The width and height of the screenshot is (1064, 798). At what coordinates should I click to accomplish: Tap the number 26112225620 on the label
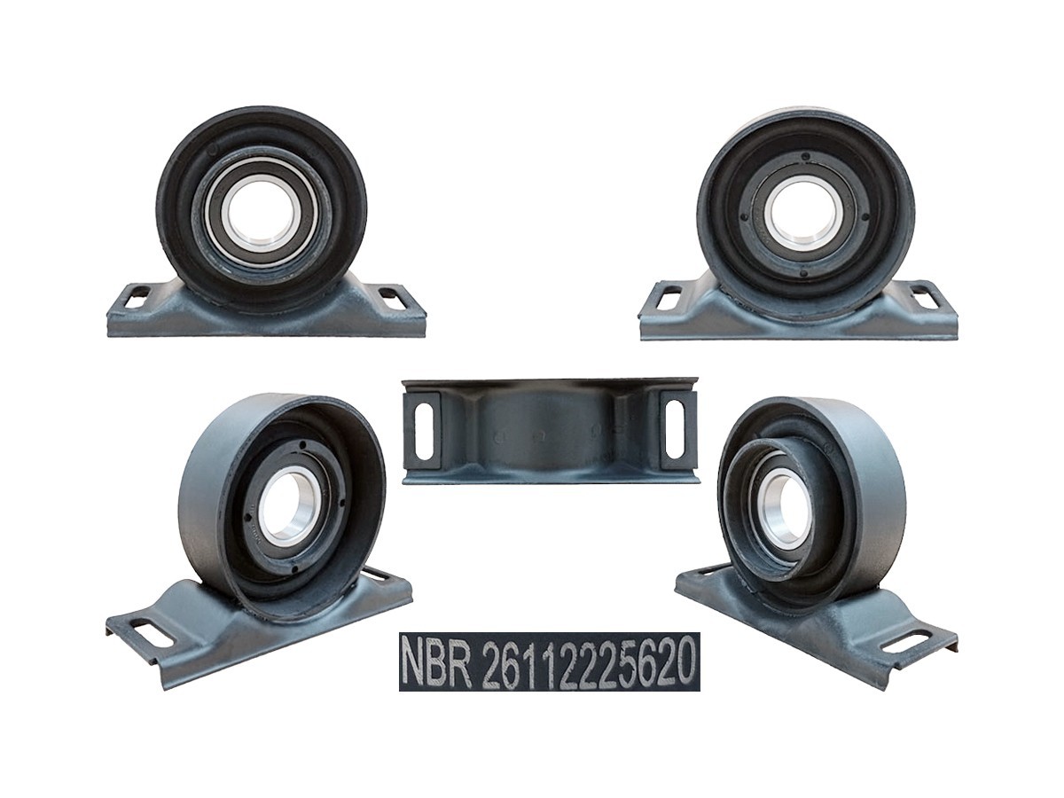(586, 661)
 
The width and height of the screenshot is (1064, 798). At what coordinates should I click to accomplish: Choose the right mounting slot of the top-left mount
(390, 297)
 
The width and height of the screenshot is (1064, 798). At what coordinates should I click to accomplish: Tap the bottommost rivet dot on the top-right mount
(805, 273)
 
